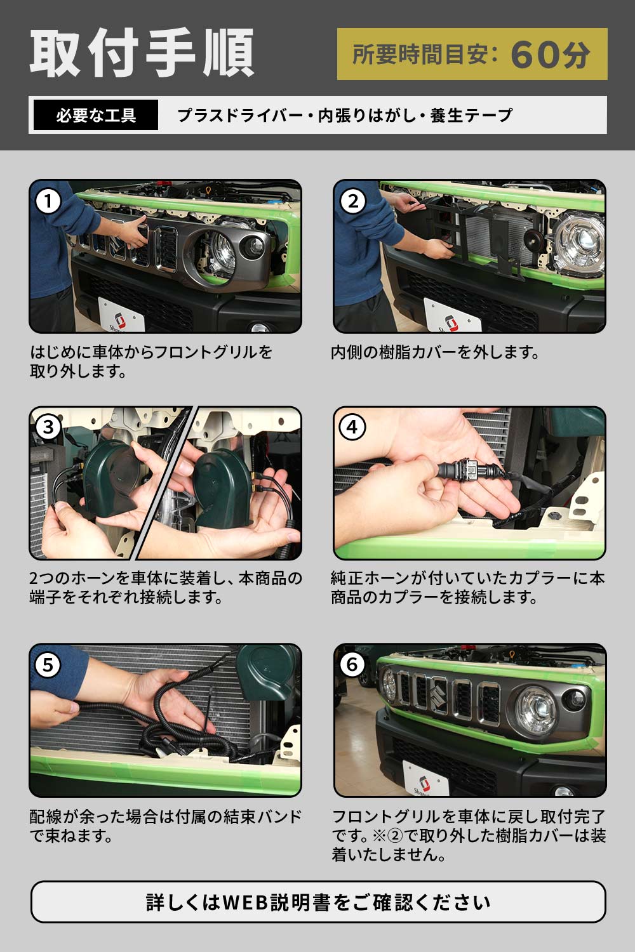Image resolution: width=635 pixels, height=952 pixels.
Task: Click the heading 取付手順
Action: pyautogui.click(x=142, y=53)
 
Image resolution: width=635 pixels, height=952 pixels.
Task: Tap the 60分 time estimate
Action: pyautogui.click(x=551, y=55)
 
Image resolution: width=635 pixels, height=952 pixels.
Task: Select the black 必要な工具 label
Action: pyautogui.click(x=96, y=115)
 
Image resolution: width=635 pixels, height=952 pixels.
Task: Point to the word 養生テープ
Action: pyautogui.click(x=471, y=116)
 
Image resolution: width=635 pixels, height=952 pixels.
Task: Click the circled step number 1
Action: pyautogui.click(x=48, y=201)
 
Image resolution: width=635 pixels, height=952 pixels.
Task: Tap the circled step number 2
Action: pyautogui.click(x=353, y=201)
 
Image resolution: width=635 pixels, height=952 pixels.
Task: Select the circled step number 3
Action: pyautogui.click(x=48, y=427)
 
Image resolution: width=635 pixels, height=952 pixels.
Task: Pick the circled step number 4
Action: pyautogui.click(x=352, y=427)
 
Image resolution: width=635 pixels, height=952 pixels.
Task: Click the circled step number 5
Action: pyautogui.click(x=48, y=664)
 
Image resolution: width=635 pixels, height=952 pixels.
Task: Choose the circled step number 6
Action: pyautogui.click(x=352, y=664)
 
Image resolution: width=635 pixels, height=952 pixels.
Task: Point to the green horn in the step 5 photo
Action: pyautogui.click(x=269, y=671)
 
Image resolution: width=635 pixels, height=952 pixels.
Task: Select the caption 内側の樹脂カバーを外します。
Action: pyautogui.click(x=435, y=352)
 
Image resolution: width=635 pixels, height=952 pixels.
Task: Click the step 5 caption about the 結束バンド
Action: pyautogui.click(x=166, y=826)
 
